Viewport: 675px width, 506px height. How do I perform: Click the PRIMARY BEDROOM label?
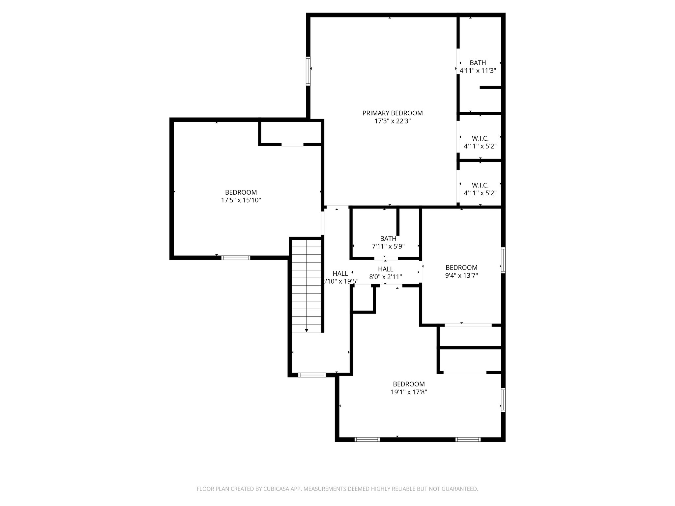pos(392,113)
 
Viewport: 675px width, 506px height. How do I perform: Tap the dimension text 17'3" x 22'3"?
pos(392,121)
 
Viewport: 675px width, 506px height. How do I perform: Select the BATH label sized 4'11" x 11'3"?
pos(478,63)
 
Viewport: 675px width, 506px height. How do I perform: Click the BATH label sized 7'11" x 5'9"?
pos(388,238)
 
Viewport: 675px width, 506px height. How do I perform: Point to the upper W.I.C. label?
pos(480,138)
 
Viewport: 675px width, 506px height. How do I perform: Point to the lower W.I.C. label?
pos(480,185)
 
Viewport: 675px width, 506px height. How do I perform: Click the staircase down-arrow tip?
pos(307,330)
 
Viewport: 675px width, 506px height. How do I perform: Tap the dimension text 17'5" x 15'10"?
pos(241,200)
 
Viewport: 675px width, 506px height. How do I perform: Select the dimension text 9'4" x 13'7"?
pos(461,275)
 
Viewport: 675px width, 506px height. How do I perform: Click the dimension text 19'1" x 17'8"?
pos(409,392)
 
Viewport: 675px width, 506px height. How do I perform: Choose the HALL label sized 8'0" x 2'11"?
pos(385,269)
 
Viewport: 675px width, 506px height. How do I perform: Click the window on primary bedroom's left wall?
pos(308,71)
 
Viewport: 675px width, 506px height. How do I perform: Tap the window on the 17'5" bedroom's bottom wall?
pos(236,258)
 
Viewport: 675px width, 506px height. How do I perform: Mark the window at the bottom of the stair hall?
pos(312,375)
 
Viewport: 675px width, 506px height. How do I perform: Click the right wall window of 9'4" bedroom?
pos(503,260)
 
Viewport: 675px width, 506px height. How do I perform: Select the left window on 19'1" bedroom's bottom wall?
pos(367,439)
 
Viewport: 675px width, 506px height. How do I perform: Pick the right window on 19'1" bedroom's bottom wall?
pos(468,439)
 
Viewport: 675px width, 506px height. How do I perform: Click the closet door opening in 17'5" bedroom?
pos(292,145)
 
